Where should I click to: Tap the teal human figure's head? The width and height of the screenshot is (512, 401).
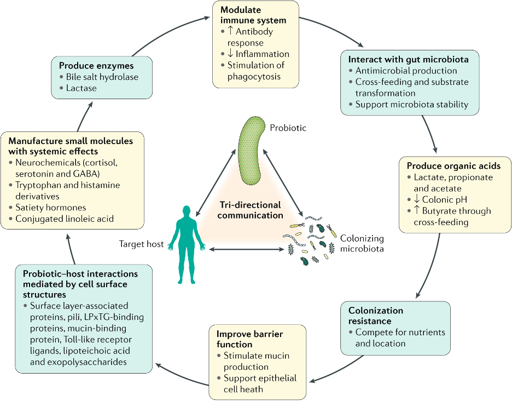pos(187,211)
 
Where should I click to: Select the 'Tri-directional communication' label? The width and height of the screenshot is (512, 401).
pos(250,210)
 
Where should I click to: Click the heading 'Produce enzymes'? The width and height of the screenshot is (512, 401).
pos(96,66)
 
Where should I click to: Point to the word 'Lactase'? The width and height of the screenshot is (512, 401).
pos(82,88)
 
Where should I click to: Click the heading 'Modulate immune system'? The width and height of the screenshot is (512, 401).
pos(253,15)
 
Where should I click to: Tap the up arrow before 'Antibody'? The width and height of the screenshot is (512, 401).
pos(230,31)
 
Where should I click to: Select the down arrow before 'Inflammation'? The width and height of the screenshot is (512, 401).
pos(230,54)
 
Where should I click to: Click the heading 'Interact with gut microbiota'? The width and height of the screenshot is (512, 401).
pos(408,60)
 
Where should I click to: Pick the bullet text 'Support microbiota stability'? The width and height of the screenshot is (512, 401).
pos(412,104)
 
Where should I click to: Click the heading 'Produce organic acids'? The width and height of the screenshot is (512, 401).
pos(453,166)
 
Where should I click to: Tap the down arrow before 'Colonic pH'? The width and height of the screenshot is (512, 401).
pos(417,199)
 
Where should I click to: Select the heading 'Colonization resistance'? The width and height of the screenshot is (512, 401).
pos(376,316)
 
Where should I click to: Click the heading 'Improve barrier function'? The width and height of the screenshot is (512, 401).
pos(250,339)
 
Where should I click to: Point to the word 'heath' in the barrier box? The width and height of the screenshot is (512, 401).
pos(253,389)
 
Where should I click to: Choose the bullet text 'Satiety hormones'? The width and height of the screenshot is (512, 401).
pos(51,208)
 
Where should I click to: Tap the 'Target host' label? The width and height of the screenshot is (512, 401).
pos(141,244)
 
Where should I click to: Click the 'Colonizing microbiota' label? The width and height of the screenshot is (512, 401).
pos(362,243)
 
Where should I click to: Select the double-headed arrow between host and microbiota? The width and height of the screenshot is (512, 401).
pos(247,249)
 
